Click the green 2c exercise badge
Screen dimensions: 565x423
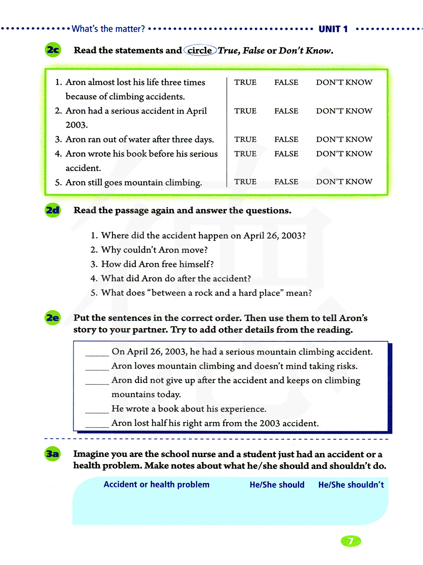pyautogui.click(x=53, y=50)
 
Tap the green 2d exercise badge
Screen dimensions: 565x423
pyautogui.click(x=53, y=210)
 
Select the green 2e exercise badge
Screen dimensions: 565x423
pyautogui.click(x=53, y=318)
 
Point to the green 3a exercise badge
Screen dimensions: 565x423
pyautogui.click(x=53, y=454)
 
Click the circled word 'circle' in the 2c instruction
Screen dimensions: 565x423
pyautogui.click(x=200, y=50)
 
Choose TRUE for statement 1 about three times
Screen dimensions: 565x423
pyautogui.click(x=245, y=82)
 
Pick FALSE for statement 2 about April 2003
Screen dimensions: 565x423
pyautogui.click(x=286, y=111)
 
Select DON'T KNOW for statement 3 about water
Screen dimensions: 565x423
pyautogui.click(x=344, y=140)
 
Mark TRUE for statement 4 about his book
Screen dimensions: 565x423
pyautogui.click(x=245, y=154)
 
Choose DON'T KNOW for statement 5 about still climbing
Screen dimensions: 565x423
pyautogui.click(x=344, y=182)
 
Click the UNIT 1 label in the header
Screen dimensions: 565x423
pyautogui.click(x=333, y=29)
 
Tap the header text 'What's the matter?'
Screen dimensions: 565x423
pyautogui.click(x=108, y=29)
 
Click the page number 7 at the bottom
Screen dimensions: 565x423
pyautogui.click(x=351, y=541)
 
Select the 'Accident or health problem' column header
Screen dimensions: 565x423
pyautogui.click(x=157, y=485)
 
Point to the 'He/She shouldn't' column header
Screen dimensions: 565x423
pyautogui.click(x=351, y=485)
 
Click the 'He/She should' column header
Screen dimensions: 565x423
pyautogui.click(x=277, y=485)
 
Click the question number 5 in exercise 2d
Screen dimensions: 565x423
pyautogui.click(x=94, y=293)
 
